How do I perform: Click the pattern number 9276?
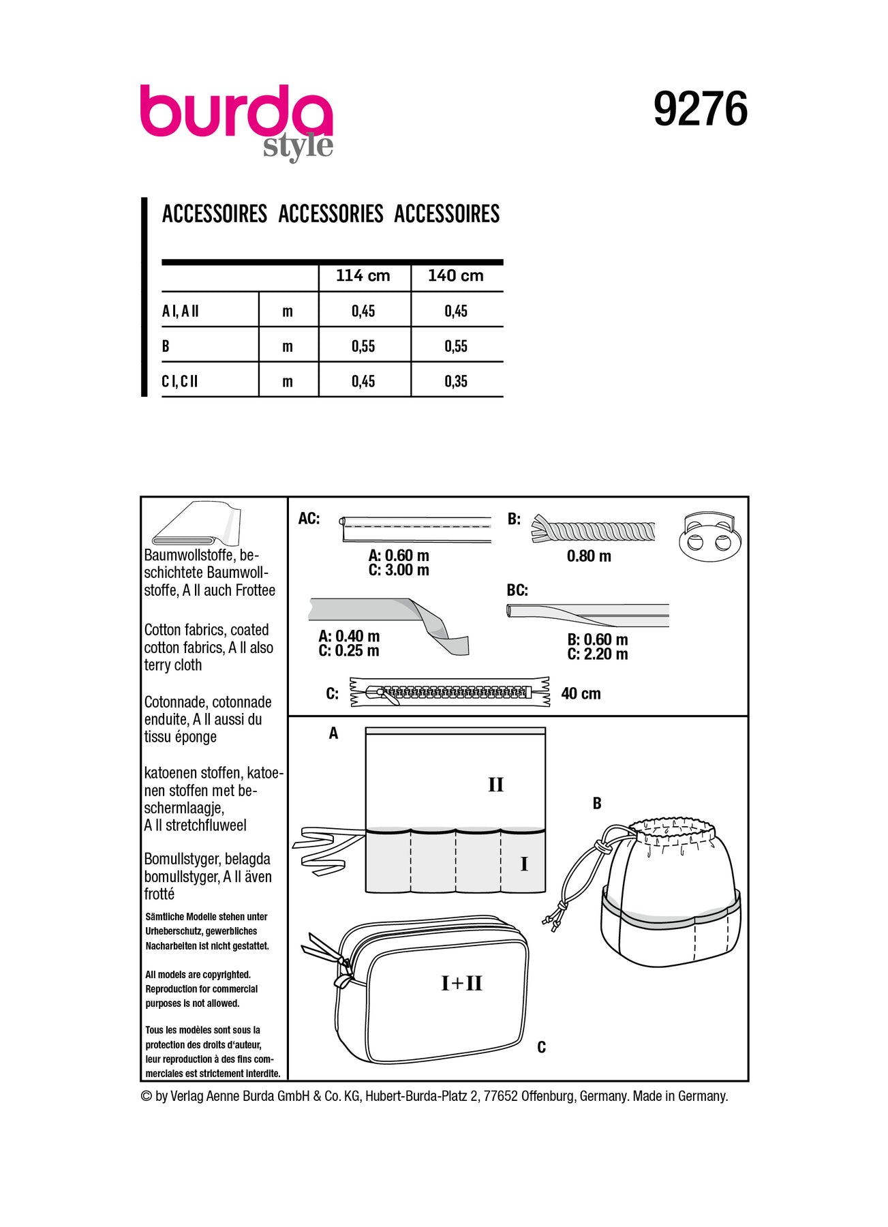point(700,109)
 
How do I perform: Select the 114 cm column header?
point(363,276)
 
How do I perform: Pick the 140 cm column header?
point(455,276)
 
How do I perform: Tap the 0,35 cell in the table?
point(456,382)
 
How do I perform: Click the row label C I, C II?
point(180,382)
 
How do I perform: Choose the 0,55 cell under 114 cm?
point(363,346)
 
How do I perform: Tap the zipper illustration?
point(450,693)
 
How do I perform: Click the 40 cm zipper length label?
point(581,694)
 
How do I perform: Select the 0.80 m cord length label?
point(589,556)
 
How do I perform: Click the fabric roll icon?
point(196,524)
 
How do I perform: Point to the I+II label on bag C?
point(461,983)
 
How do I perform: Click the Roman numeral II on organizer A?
point(495,785)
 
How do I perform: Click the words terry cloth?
point(173,665)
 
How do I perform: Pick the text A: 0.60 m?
point(399,556)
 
